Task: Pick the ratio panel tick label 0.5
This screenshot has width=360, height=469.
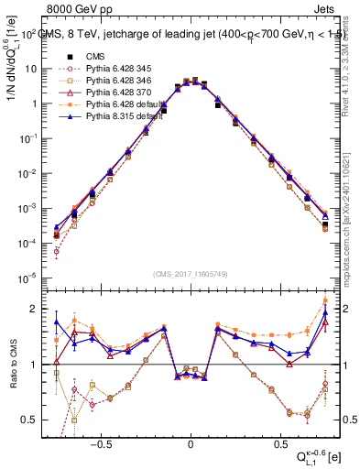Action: click(x=31, y=420)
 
